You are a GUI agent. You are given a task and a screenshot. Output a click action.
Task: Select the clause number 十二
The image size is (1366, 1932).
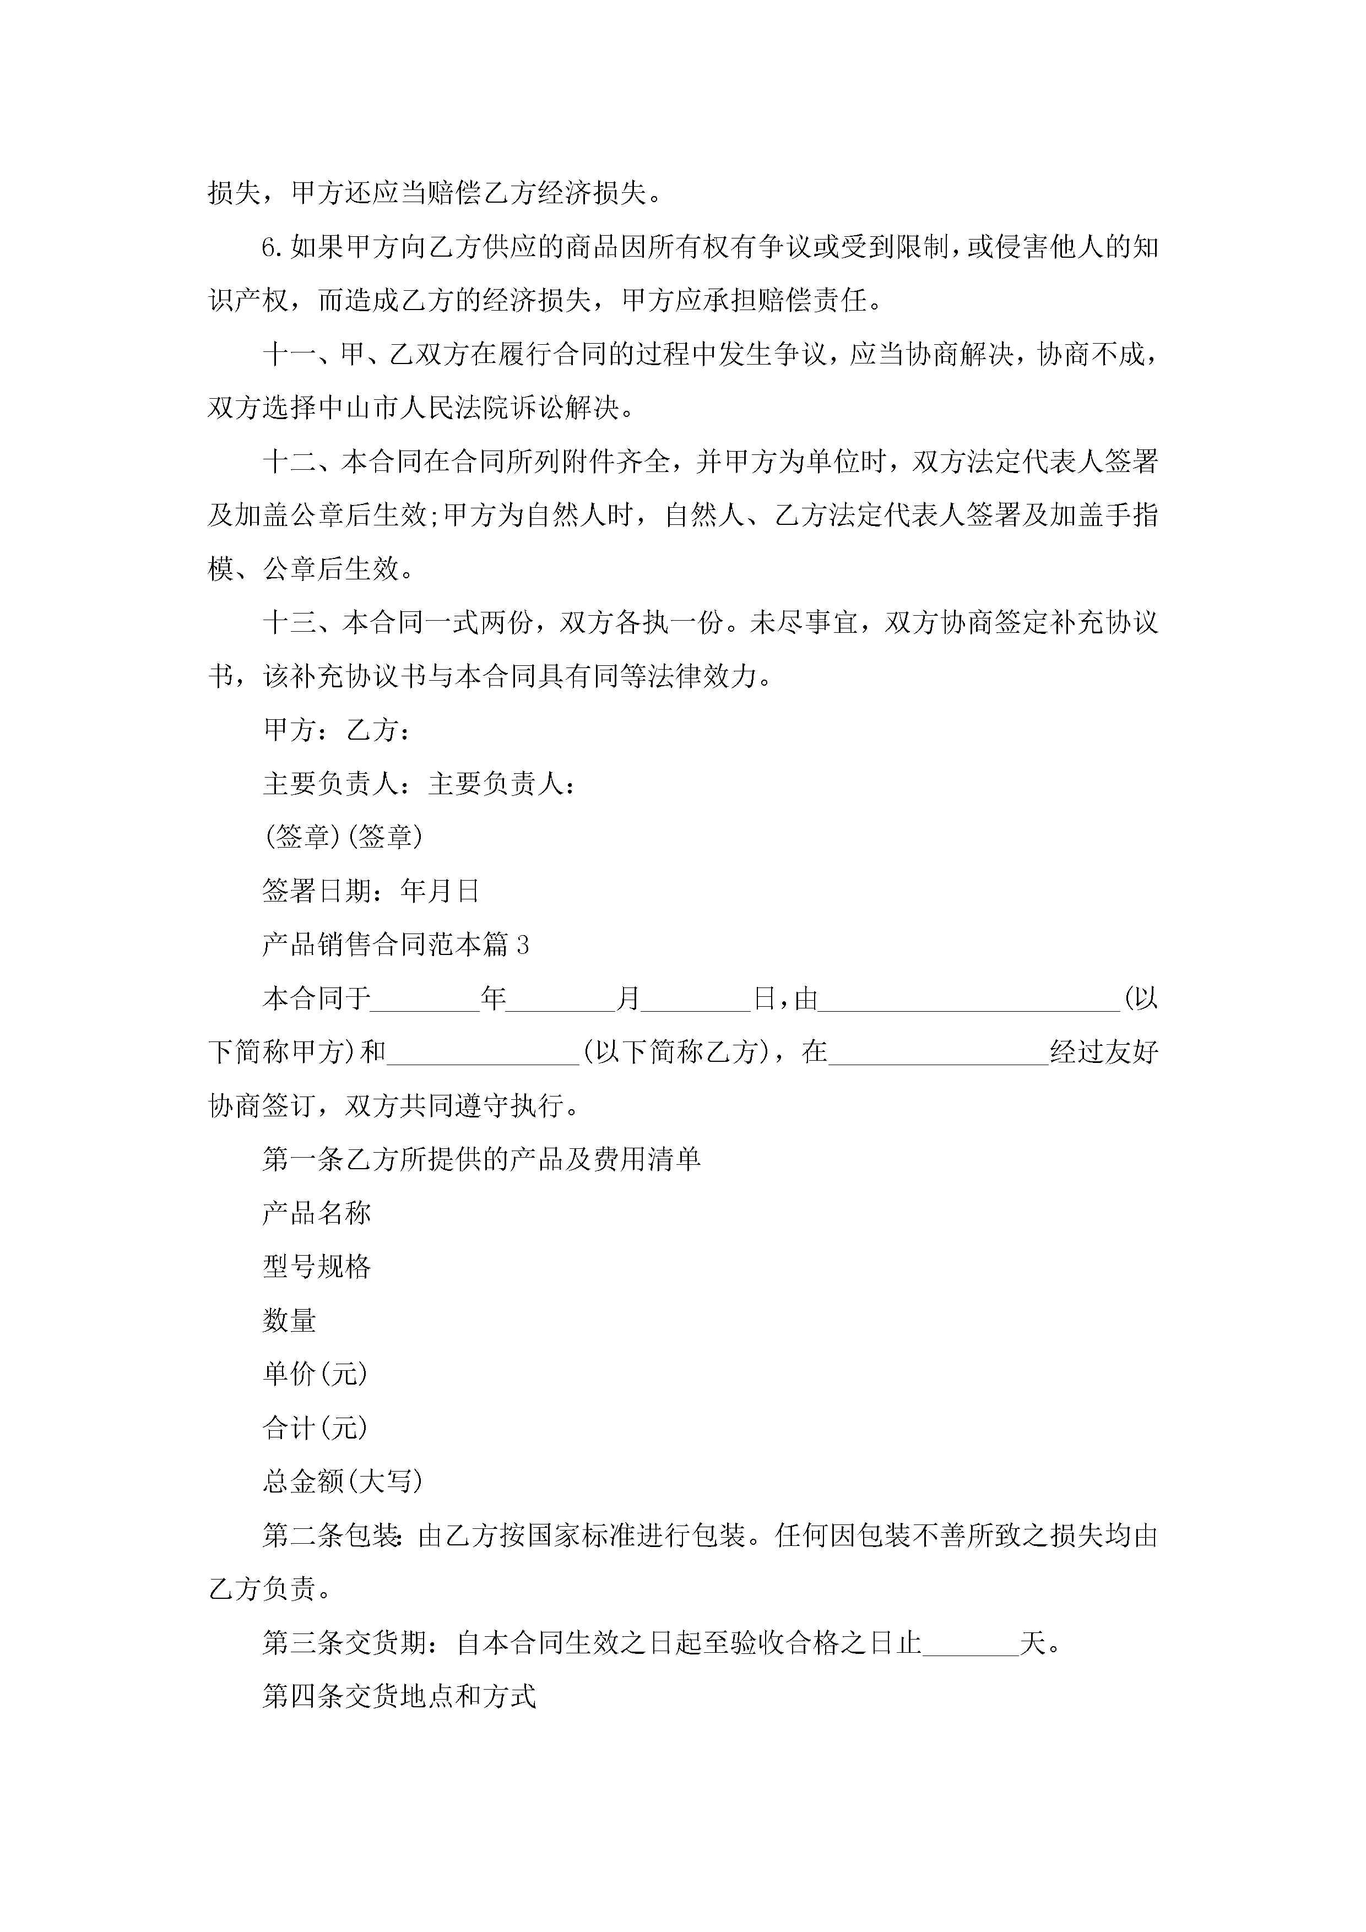point(290,461)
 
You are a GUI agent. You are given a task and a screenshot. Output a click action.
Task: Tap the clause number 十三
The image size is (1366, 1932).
point(290,623)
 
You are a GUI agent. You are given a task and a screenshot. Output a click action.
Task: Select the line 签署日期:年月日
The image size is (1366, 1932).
point(370,890)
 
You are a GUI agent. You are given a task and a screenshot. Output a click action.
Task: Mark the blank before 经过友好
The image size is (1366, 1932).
point(939,1054)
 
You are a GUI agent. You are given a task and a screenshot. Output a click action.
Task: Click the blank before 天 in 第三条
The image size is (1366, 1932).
point(971,1643)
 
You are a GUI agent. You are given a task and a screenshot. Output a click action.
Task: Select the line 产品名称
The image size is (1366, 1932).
point(317,1213)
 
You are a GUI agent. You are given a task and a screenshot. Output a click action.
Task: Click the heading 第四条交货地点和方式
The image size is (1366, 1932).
point(399,1696)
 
